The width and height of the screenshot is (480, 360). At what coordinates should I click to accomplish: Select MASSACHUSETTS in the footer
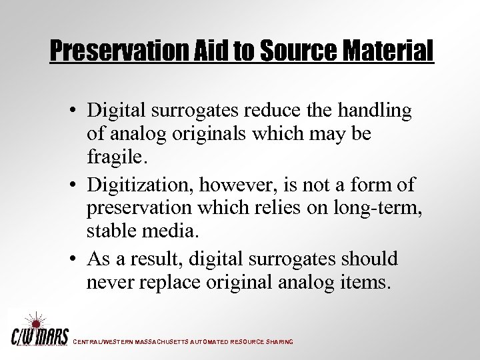[163, 342]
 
